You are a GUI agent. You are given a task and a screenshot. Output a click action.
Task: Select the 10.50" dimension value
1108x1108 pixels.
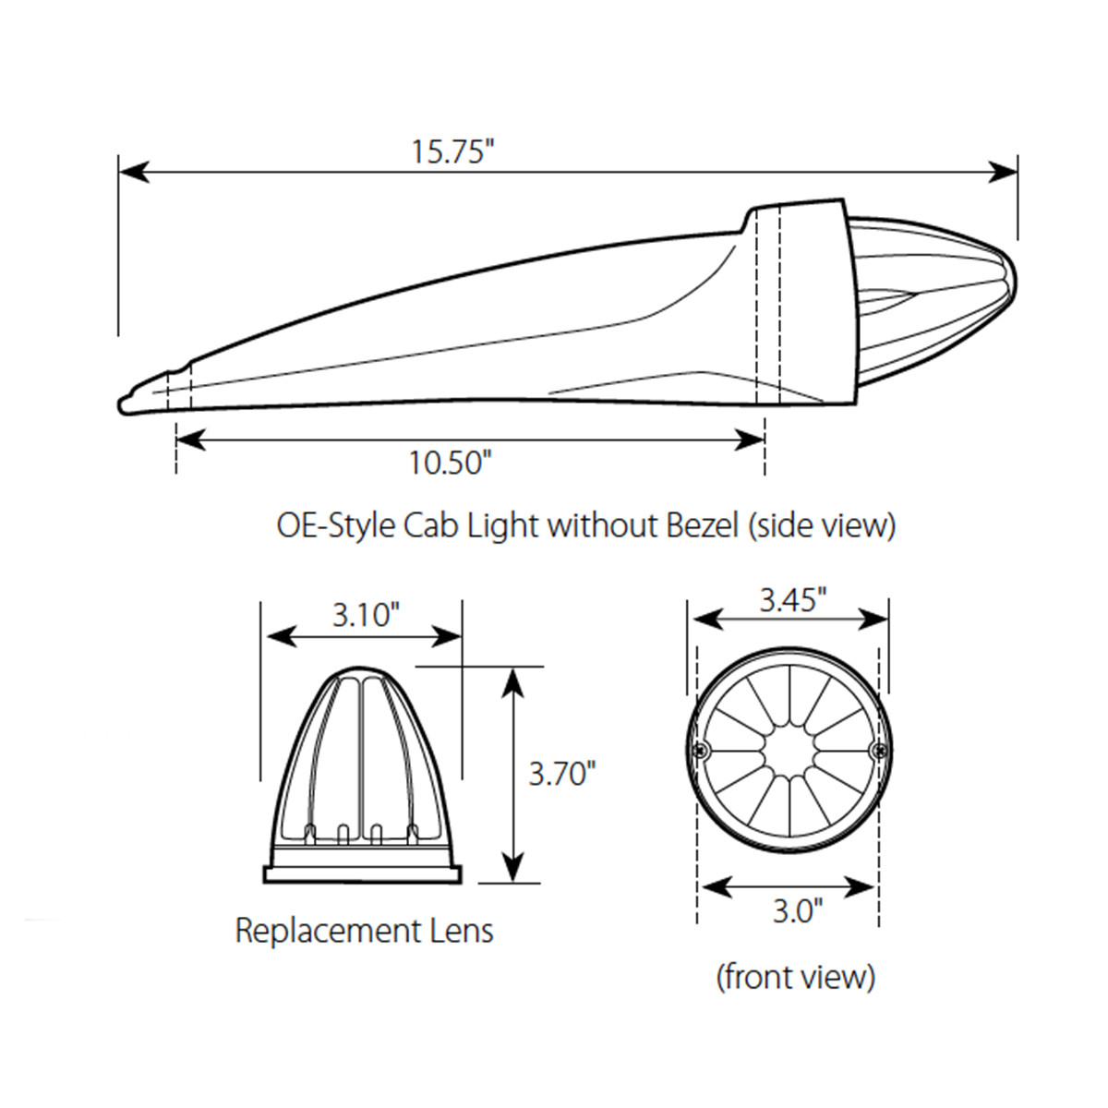click(447, 463)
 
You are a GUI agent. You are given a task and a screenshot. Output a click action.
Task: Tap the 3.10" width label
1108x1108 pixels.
click(366, 615)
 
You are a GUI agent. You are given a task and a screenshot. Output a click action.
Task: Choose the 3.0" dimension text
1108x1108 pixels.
click(796, 911)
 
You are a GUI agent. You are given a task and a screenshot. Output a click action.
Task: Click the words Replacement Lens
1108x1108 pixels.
click(364, 930)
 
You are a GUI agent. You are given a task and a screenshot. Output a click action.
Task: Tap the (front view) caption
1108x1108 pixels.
click(795, 976)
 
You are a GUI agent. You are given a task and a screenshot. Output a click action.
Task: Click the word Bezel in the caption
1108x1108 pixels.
click(702, 525)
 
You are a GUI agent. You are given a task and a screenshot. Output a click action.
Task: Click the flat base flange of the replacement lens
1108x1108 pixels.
click(362, 873)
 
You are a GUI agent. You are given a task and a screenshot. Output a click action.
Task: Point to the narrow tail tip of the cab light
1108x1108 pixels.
click(126, 403)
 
